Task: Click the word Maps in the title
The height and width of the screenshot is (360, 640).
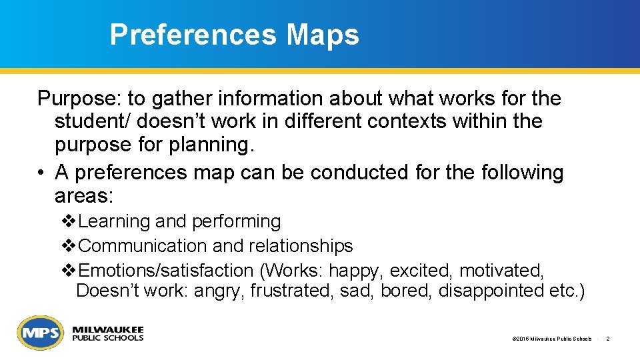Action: coord(323,35)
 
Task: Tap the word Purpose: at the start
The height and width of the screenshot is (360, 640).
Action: coord(79,99)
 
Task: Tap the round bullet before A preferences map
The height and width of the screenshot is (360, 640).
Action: coord(42,173)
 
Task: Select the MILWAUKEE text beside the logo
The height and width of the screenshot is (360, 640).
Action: coord(107,330)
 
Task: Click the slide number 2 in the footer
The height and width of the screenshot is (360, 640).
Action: coord(608,339)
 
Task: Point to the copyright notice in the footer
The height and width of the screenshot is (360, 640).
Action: coord(552,339)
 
